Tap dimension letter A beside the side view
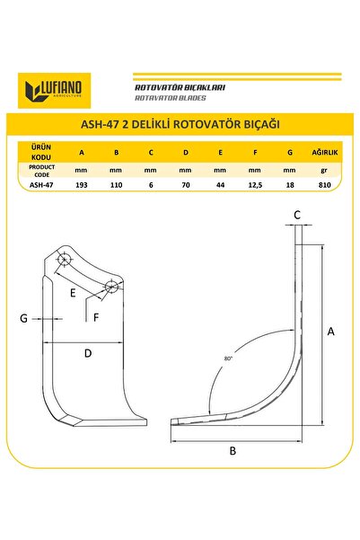331,332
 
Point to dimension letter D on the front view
88,353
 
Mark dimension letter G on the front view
24,318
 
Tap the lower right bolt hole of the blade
110,286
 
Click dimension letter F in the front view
95,316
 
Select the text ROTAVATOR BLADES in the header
170,97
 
